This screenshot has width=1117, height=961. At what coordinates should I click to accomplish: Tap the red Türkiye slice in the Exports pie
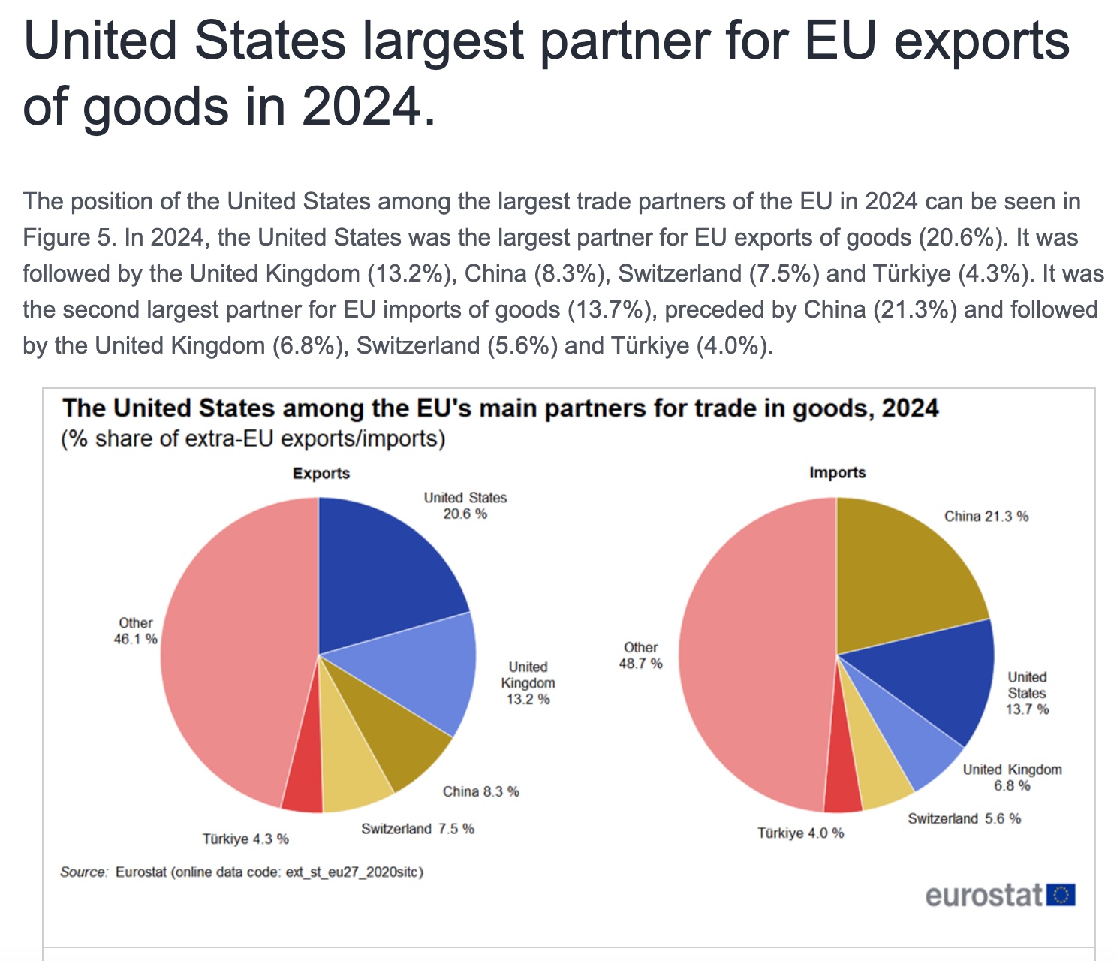pyautogui.click(x=303, y=788)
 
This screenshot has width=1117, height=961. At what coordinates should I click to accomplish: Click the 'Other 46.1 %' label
pyautogui.click(x=135, y=631)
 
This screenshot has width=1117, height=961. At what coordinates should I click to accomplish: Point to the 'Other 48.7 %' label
pyautogui.click(x=640, y=655)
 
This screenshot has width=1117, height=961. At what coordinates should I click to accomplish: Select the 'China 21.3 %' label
pyautogui.click(x=986, y=516)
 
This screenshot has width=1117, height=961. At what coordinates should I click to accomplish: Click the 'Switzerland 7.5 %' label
pyautogui.click(x=417, y=828)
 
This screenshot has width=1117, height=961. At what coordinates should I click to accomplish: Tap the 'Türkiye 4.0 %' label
pyautogui.click(x=800, y=833)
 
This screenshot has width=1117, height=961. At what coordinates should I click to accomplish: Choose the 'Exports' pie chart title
pyautogui.click(x=321, y=473)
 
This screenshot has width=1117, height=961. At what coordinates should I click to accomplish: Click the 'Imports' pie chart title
pyautogui.click(x=837, y=472)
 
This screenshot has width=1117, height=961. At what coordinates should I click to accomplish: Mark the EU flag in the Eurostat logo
pyautogui.click(x=1061, y=895)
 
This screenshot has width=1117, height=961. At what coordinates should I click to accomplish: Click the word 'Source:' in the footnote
pyautogui.click(x=84, y=872)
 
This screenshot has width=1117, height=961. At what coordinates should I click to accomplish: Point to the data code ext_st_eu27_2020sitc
pyautogui.click(x=354, y=872)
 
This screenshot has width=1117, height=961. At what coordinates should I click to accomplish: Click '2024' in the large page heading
pyautogui.click(x=363, y=106)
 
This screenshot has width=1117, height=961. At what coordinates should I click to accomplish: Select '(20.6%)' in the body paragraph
pyautogui.click(x=962, y=237)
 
